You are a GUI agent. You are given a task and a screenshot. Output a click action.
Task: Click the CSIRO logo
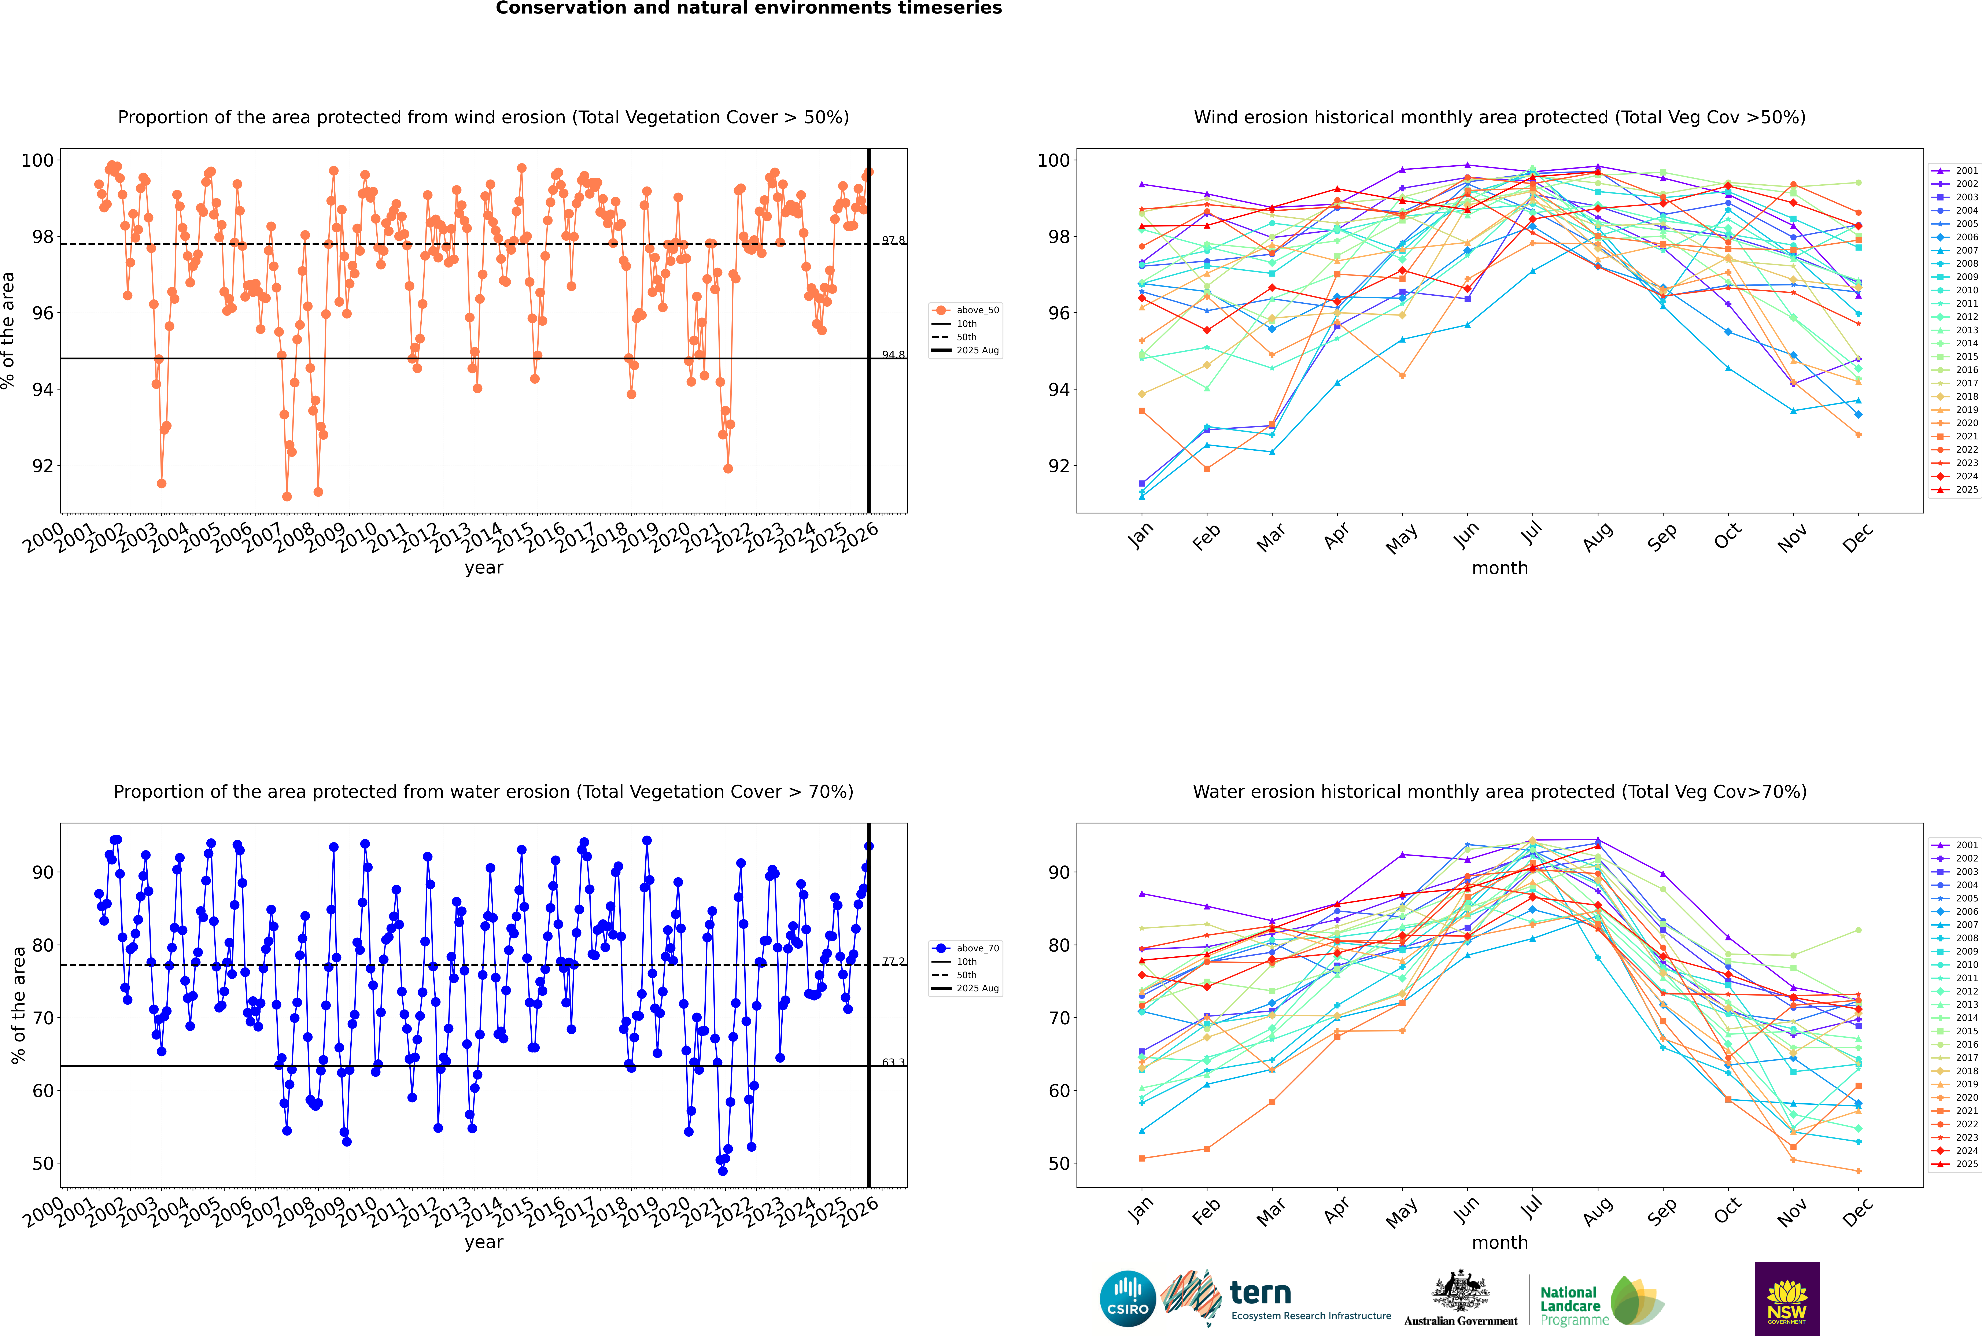[x=1127, y=1299]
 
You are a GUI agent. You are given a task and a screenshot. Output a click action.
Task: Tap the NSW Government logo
[x=1787, y=1298]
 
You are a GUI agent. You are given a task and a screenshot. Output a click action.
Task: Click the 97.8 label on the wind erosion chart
[x=893, y=240]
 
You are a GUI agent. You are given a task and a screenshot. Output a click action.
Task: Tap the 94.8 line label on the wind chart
[x=893, y=354]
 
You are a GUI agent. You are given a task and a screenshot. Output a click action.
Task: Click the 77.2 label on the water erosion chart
[x=893, y=961]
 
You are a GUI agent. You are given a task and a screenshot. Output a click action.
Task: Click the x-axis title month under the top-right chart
[x=1500, y=568]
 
